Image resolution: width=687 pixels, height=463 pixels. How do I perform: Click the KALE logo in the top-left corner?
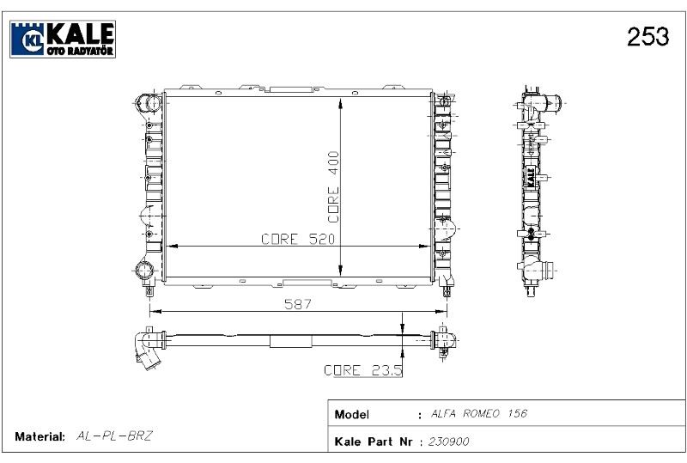tap(63, 39)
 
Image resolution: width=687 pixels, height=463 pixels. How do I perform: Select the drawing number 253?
tap(648, 36)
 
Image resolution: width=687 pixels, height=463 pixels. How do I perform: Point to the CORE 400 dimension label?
tap(334, 186)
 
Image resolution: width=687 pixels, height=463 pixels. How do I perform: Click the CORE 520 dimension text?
tap(298, 239)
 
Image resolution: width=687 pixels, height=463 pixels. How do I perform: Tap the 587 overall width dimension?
tap(298, 304)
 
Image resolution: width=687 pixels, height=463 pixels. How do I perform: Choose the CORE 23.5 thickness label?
tap(362, 370)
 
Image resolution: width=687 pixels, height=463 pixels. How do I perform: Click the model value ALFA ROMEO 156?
tap(479, 413)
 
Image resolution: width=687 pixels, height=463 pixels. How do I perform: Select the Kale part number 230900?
tap(448, 442)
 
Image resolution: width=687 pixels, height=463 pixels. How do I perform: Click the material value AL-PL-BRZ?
tap(114, 436)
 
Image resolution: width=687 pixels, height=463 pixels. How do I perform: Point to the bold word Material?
tap(40, 436)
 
